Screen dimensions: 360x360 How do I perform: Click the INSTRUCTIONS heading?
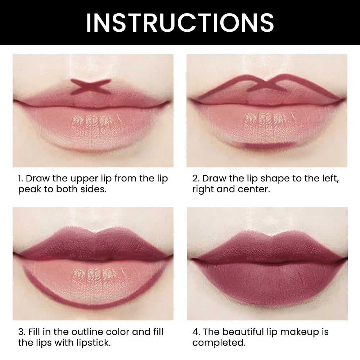click(180, 22)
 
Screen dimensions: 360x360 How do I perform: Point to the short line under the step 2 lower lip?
click(266, 145)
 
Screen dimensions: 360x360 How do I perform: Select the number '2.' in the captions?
click(196, 179)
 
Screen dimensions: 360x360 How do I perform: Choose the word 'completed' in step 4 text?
click(219, 342)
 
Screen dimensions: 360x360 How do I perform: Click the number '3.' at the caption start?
click(22, 332)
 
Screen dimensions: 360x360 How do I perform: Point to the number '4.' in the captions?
click(196, 332)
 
